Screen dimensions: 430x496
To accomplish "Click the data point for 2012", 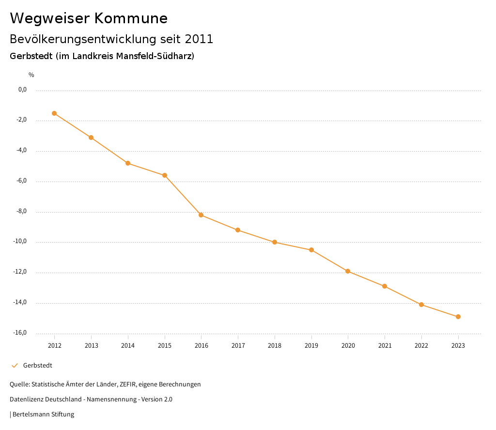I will click(54, 113).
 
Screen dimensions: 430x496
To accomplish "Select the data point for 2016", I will click(201, 215).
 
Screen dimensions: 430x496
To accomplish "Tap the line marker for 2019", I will click(311, 250).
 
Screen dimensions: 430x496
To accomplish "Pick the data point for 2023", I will click(458, 317).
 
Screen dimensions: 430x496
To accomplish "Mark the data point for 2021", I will click(385, 286).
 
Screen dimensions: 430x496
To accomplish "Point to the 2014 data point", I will click(128, 163).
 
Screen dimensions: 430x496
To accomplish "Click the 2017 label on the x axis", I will click(238, 346).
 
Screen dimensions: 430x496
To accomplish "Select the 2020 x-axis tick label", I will click(348, 346).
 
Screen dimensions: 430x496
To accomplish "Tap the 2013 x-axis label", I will click(91, 346).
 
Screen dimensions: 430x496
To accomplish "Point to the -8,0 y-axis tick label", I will click(22, 211).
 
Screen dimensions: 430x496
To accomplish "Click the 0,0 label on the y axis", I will click(23, 90).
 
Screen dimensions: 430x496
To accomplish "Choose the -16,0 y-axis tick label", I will click(21, 333).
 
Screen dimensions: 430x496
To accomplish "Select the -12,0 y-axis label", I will click(21, 272).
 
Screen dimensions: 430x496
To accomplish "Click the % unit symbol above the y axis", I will click(31, 75).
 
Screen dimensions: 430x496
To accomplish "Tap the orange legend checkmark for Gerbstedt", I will click(15, 366).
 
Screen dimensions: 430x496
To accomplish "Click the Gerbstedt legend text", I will click(38, 366).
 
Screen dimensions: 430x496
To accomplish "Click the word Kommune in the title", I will click(131, 18).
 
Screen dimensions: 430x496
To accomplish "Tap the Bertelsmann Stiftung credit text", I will click(43, 415).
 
